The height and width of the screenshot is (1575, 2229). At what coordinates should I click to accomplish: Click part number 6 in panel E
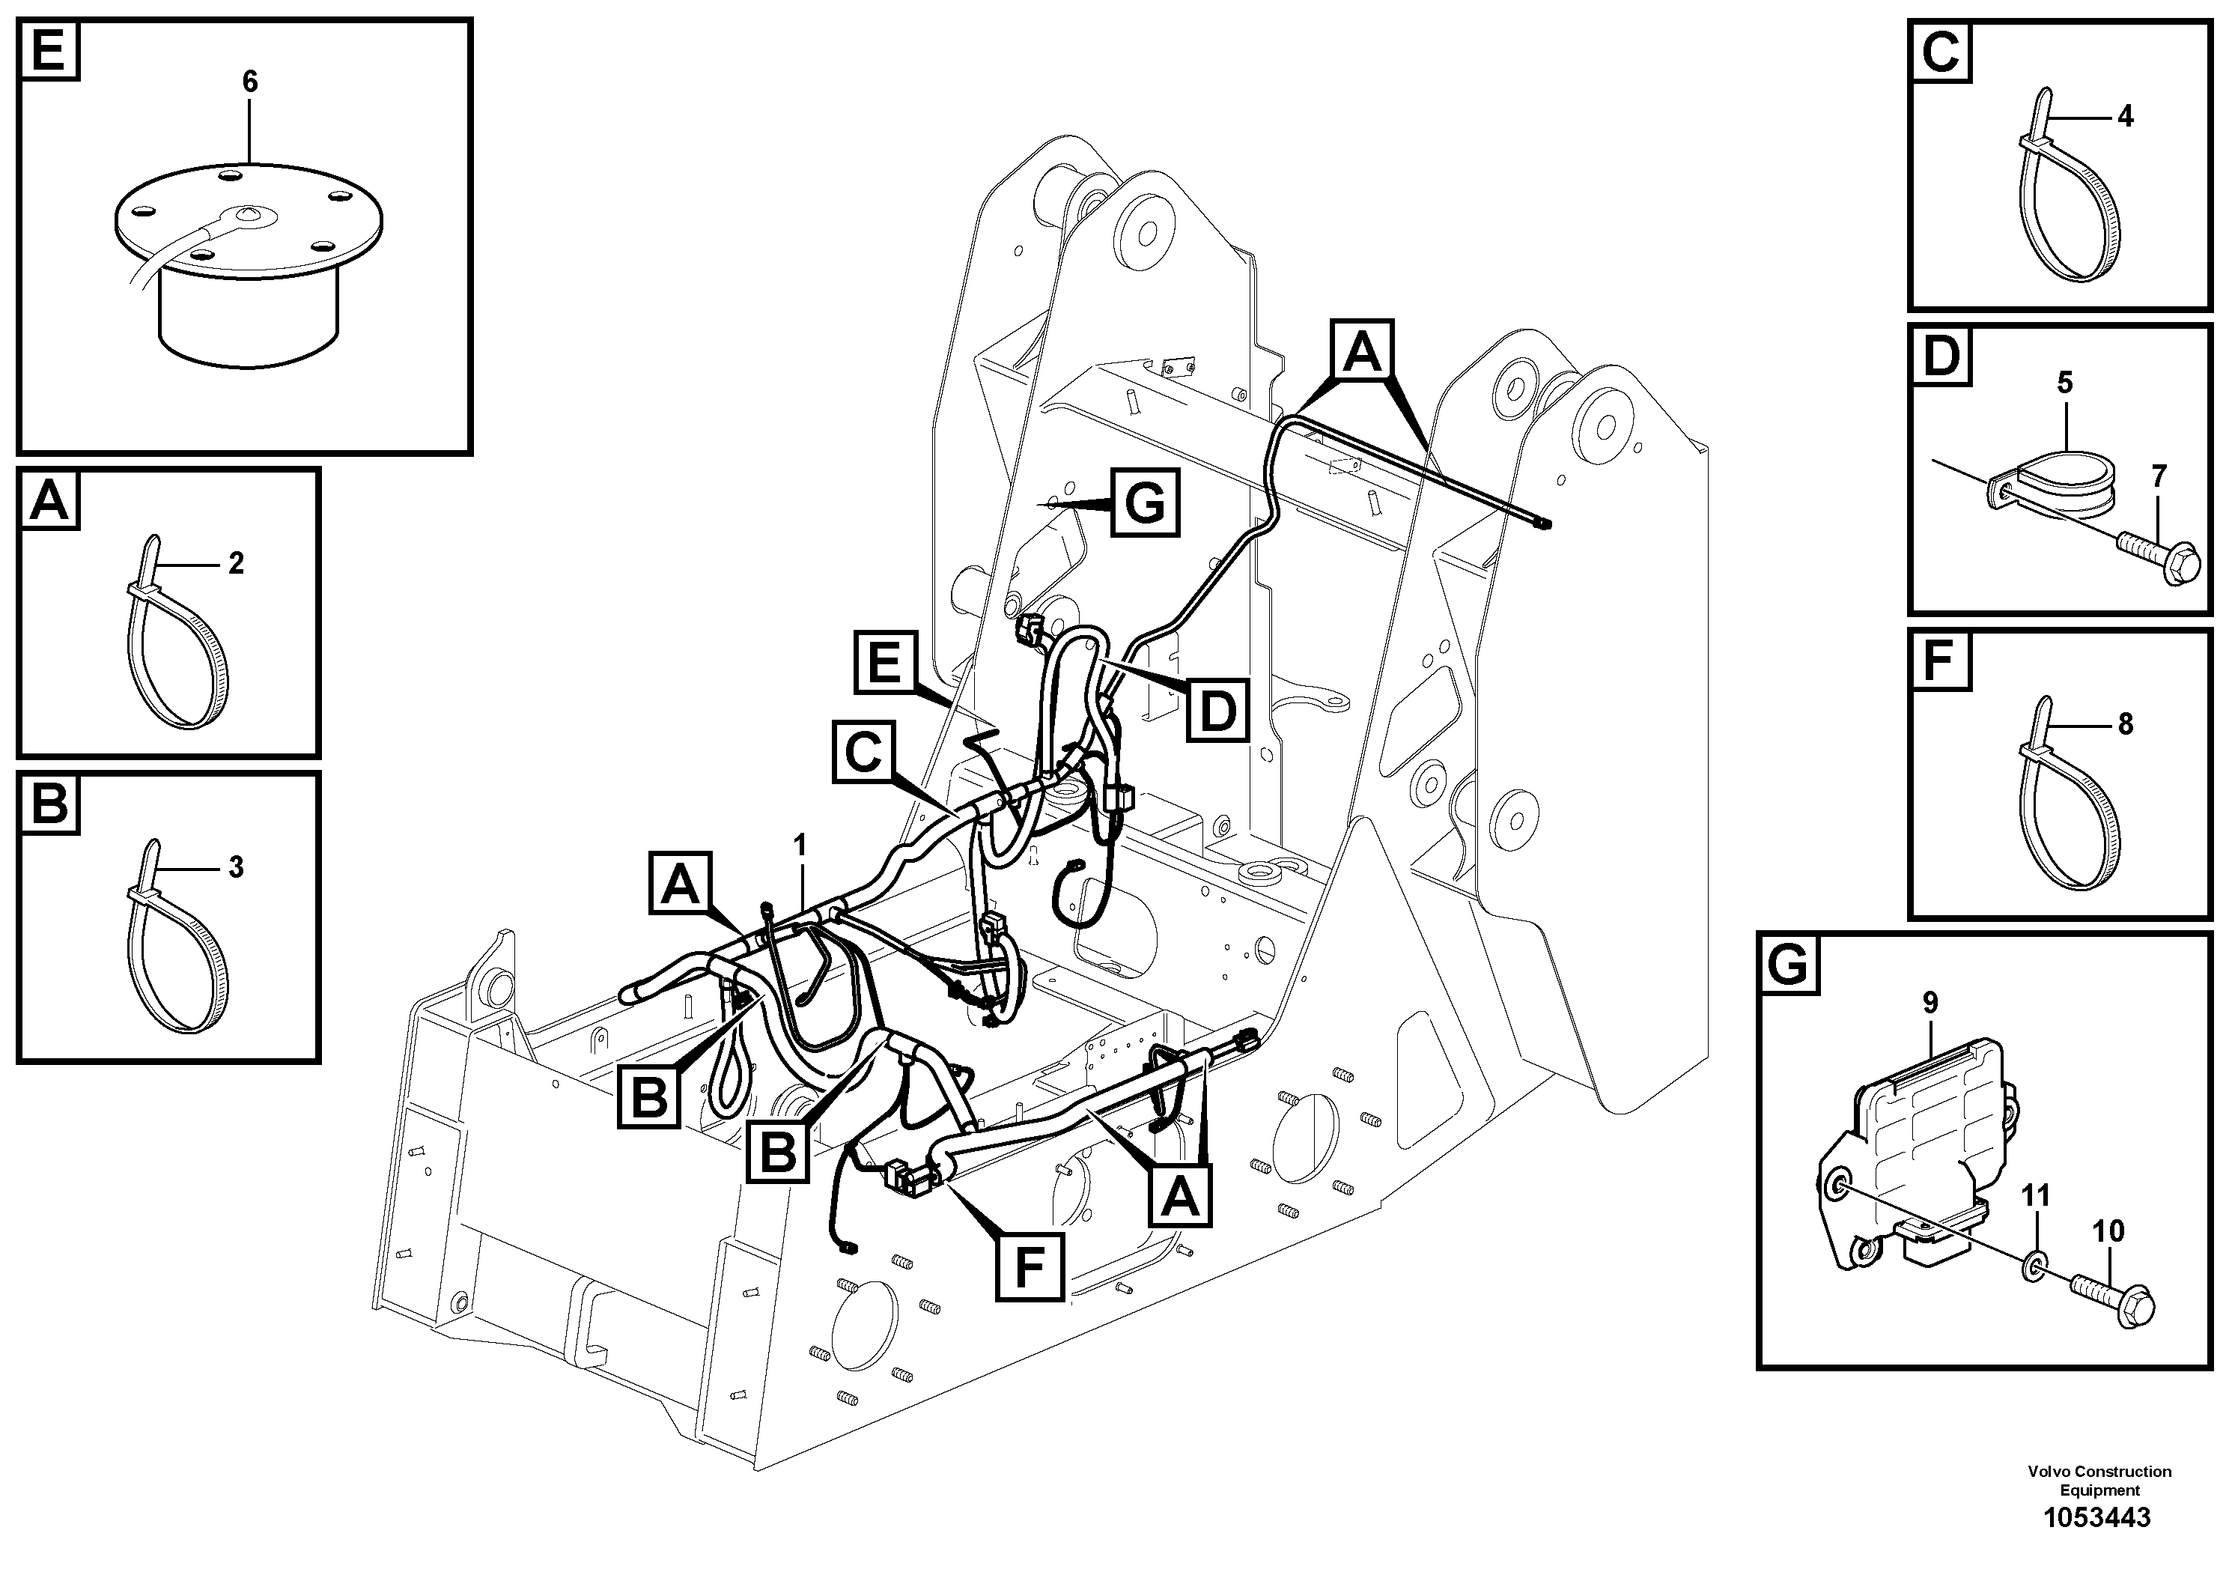[249, 82]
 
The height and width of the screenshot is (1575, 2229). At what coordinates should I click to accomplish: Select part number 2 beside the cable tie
[236, 562]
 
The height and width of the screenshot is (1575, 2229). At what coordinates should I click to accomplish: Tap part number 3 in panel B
[236, 867]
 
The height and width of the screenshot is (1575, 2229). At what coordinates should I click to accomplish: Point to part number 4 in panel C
[2125, 117]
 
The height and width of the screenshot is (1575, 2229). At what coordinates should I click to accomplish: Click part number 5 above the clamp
[2065, 383]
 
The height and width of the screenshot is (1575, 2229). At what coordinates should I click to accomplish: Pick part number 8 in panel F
[2125, 723]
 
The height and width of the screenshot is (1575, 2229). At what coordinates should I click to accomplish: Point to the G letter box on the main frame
[1146, 503]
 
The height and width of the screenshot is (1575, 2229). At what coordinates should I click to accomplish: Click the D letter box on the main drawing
[1218, 711]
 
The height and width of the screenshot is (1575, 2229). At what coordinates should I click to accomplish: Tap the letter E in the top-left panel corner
[49, 49]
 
